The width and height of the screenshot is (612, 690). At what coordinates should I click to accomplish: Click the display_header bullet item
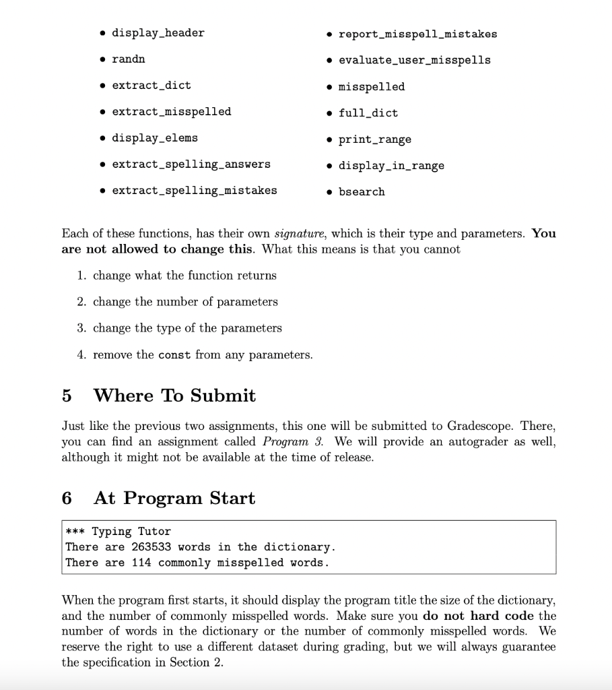tap(158, 32)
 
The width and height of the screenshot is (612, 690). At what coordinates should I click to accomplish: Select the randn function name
tap(128, 59)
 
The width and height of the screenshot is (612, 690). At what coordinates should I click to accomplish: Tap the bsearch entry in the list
tap(362, 191)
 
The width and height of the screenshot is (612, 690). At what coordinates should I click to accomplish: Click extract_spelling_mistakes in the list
tap(194, 190)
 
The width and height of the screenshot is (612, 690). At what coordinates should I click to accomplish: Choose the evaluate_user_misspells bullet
tap(414, 60)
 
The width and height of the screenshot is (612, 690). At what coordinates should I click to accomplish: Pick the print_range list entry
tap(374, 139)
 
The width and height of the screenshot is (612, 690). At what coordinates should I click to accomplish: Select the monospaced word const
tap(174, 354)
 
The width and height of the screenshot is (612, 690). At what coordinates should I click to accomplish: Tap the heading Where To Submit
tap(174, 395)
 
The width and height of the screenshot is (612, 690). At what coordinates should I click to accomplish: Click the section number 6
tap(66, 498)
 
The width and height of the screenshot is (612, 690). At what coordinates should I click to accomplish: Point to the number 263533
tap(151, 546)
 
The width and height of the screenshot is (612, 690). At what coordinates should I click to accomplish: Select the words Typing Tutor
tap(131, 531)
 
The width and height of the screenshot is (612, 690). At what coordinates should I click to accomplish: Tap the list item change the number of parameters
tap(185, 301)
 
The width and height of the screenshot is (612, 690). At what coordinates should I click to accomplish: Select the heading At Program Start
tap(174, 498)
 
